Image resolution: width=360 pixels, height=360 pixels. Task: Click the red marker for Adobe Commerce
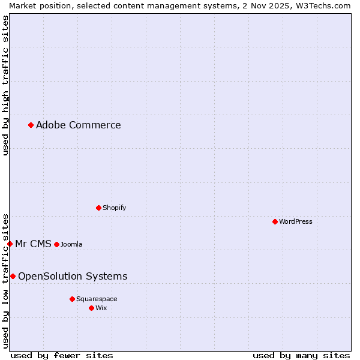(31, 125)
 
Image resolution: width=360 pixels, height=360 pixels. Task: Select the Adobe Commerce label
(78, 125)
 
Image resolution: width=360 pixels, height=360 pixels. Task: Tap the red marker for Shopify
(99, 208)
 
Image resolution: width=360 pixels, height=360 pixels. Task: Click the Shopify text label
(114, 208)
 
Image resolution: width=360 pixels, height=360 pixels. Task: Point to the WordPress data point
(275, 221)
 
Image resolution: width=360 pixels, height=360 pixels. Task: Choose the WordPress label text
(295, 222)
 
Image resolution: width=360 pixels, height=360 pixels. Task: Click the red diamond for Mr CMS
(10, 244)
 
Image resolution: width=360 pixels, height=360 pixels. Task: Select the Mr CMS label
(33, 244)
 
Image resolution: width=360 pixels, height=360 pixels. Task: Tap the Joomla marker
(57, 244)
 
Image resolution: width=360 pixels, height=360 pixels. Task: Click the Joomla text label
(71, 245)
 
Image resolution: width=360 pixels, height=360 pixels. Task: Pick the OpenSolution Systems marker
(13, 276)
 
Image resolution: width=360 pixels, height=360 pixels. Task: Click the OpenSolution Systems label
(73, 277)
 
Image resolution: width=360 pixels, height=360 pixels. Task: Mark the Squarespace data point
(73, 299)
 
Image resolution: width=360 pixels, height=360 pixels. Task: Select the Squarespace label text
(97, 299)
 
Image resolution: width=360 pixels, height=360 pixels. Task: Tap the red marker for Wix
(92, 308)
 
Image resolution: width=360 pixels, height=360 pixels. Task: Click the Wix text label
(101, 308)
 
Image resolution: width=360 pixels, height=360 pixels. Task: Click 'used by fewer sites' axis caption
(62, 355)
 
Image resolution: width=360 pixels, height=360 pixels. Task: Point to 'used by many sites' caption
(301, 355)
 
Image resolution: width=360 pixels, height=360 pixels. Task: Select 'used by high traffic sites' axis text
(6, 85)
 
